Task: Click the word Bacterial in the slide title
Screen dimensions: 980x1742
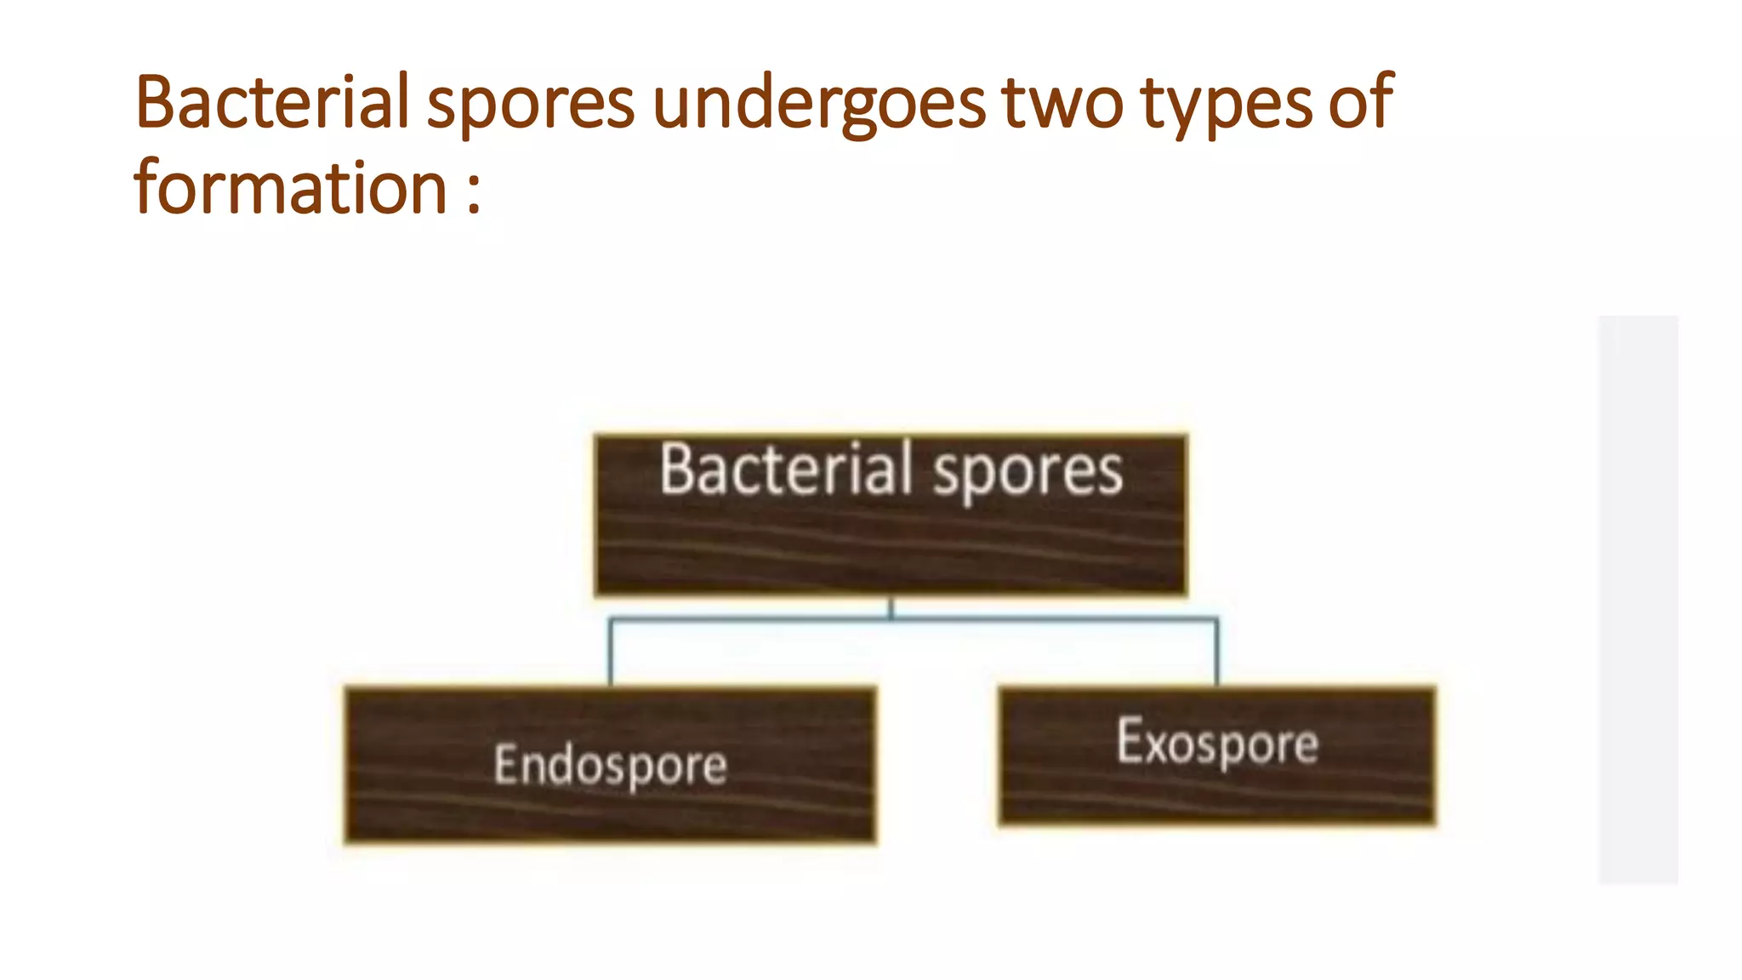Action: pos(272,102)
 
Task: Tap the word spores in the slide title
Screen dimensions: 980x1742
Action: pos(530,105)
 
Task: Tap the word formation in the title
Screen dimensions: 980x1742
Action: pos(290,189)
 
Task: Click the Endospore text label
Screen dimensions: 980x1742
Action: pos(610,764)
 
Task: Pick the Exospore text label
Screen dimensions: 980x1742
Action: pos(1217,743)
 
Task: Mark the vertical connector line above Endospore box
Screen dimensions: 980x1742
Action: pos(610,653)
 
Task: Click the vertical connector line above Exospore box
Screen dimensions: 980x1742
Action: pos(1217,653)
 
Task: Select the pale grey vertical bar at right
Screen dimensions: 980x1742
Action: pos(1637,600)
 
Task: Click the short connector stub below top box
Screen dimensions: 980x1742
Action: pos(891,607)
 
